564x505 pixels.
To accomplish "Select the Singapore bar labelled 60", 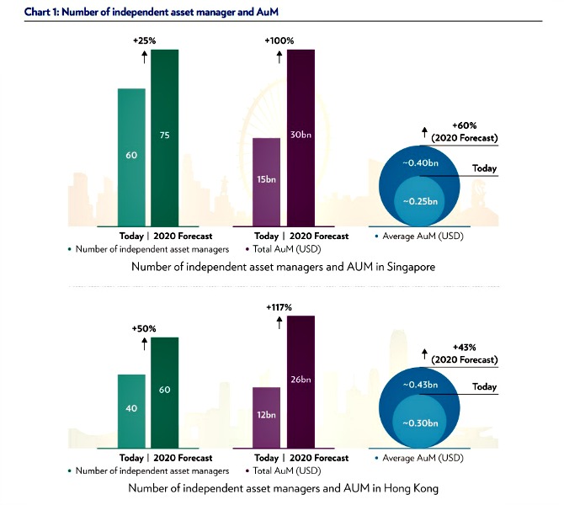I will pos(132,157).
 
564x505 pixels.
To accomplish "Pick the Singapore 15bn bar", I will pos(267,182).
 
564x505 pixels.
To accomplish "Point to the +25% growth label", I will pos(145,40).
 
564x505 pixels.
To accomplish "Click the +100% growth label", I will pos(279,40).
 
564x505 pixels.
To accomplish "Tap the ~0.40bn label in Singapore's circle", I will pos(418,162).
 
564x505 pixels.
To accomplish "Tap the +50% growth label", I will pos(145,329).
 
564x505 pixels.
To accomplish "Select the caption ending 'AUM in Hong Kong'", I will pos(283,488).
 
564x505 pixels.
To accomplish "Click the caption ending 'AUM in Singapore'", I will pos(283,266).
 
